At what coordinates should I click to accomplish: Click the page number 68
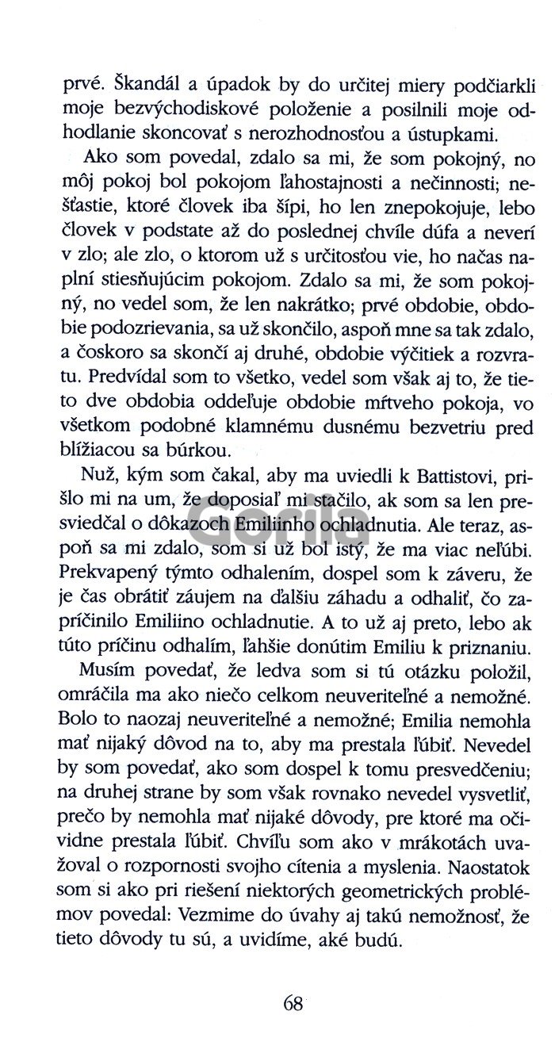click(292, 1003)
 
